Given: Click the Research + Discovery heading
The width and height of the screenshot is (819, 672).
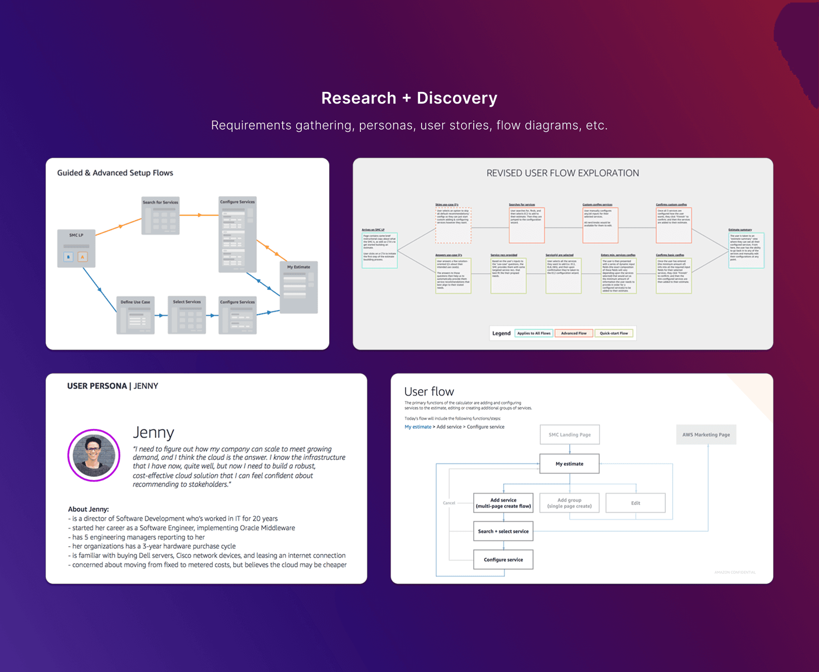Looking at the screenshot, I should coord(409,98).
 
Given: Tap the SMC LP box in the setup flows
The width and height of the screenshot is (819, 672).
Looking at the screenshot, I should coord(76,248).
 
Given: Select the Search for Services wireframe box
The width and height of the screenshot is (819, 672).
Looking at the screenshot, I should coord(160,216).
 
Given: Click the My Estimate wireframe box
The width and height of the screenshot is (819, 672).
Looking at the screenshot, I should coord(299,287).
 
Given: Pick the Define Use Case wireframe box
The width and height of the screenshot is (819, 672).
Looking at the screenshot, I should coord(135,315).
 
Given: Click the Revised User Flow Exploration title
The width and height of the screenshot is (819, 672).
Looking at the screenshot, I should coord(562,173).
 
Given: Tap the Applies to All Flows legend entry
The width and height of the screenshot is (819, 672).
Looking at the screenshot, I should coord(533,333).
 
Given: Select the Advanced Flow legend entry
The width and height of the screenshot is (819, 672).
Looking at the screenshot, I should coord(574,333).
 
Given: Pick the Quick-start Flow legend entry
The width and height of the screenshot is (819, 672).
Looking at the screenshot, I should coord(614,333).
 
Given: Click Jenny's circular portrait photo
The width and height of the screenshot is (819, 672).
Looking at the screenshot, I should coord(94,455).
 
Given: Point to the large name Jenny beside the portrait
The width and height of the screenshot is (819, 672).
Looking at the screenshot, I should coord(153,433).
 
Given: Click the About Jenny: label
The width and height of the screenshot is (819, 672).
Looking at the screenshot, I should coord(88,509).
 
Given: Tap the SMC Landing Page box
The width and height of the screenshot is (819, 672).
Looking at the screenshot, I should coord(569,435).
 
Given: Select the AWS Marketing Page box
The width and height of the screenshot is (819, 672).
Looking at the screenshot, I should coord(706,435).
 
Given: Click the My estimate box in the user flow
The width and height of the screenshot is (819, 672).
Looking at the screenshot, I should coord(569,464).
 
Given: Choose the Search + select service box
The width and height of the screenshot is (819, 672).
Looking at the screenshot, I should coord(503,532).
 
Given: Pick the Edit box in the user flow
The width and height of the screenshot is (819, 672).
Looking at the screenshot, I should coord(635,503).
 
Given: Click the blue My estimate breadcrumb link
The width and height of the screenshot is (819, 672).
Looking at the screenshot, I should coord(418,427).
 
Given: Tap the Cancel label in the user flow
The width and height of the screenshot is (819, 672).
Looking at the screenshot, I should coord(449,503).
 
